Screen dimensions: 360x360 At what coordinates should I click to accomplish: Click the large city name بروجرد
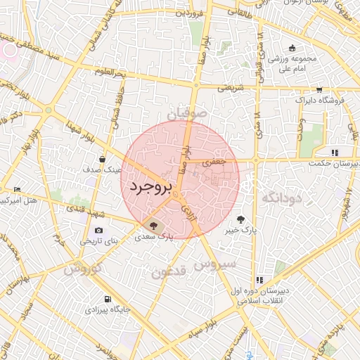[x=152, y=188]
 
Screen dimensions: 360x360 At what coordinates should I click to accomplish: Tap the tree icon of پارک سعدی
[x=154, y=225]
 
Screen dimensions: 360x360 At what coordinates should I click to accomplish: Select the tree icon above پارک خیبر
[x=241, y=219]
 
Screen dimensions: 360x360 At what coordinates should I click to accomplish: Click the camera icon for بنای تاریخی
[x=98, y=231]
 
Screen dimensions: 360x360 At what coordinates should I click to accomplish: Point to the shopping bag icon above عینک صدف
[x=103, y=159]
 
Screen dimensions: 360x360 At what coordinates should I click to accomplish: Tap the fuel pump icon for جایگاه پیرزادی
[x=107, y=299]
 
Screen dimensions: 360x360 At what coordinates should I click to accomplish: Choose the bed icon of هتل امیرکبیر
[x=18, y=190]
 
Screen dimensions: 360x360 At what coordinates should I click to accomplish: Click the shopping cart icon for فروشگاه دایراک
[x=320, y=90]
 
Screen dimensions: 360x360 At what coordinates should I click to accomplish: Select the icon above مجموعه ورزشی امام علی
[x=292, y=49]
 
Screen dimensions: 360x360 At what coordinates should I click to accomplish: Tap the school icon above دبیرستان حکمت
[x=335, y=152]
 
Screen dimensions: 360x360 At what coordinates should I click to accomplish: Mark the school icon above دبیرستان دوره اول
[x=260, y=280]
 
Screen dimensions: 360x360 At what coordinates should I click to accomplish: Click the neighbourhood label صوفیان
[x=188, y=112]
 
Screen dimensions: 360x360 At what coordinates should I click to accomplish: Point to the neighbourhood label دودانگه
[x=281, y=199]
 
